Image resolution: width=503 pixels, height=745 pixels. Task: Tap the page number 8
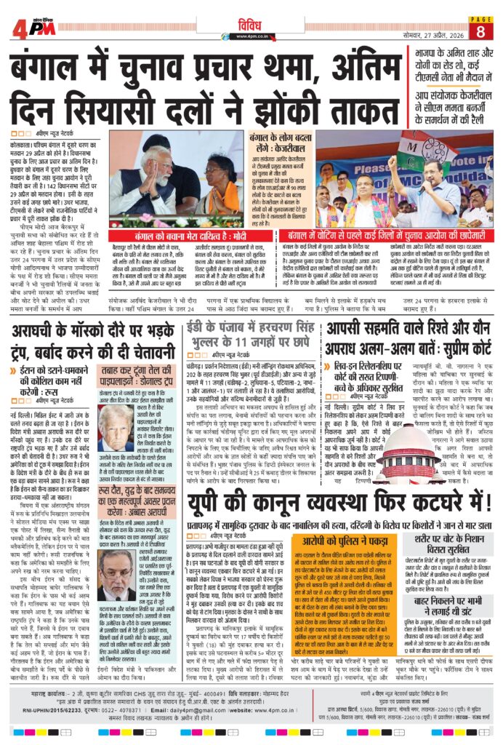481,30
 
